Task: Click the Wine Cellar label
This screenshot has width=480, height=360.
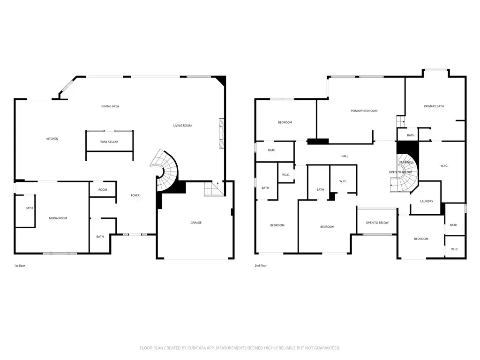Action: click(x=109, y=142)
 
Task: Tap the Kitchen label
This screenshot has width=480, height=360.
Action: click(x=52, y=139)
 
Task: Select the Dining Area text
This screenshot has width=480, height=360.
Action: click(x=110, y=106)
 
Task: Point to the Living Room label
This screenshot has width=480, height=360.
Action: click(x=182, y=125)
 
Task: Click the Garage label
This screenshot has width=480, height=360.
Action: click(x=196, y=223)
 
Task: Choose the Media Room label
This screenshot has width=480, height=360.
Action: click(x=58, y=218)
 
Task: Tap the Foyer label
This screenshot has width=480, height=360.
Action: click(x=135, y=195)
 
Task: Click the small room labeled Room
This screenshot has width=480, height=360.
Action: click(x=103, y=190)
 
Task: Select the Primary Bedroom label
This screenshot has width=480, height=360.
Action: click(x=364, y=111)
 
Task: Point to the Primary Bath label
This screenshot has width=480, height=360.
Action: click(x=434, y=106)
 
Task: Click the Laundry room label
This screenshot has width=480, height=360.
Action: click(x=427, y=202)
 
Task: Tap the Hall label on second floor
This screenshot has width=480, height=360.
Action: click(x=345, y=156)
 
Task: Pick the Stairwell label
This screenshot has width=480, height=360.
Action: click(x=406, y=162)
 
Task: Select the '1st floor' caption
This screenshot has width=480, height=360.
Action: click(x=20, y=266)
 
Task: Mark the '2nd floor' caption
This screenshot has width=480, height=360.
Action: click(x=261, y=266)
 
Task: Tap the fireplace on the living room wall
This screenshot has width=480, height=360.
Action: click(x=221, y=133)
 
